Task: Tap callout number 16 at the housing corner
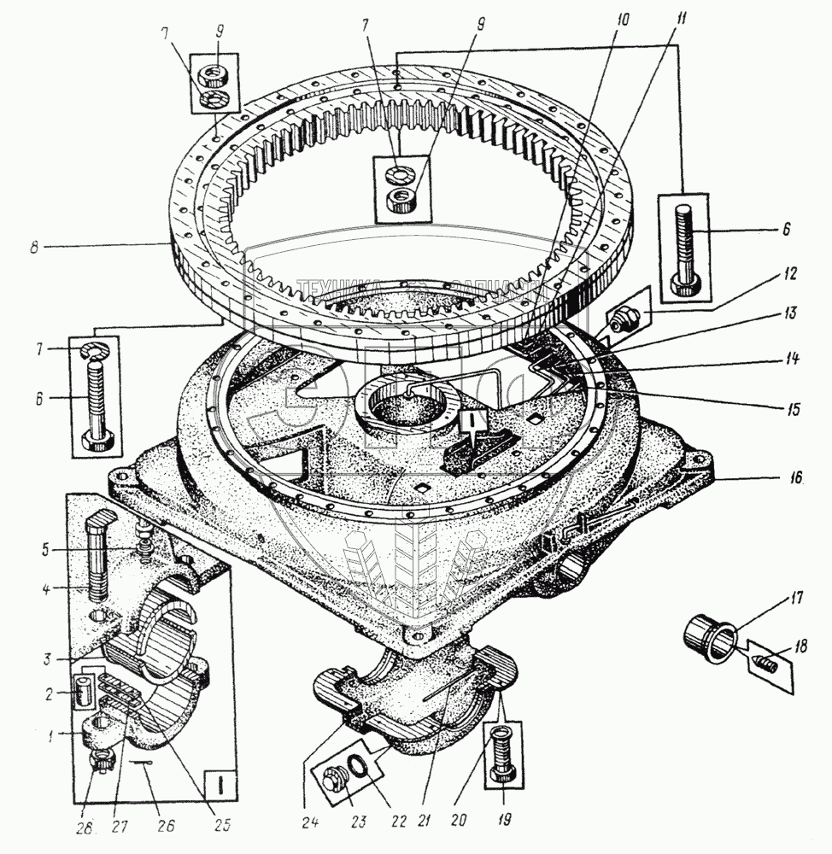(x=795, y=479)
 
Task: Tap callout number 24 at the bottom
(x=310, y=823)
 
